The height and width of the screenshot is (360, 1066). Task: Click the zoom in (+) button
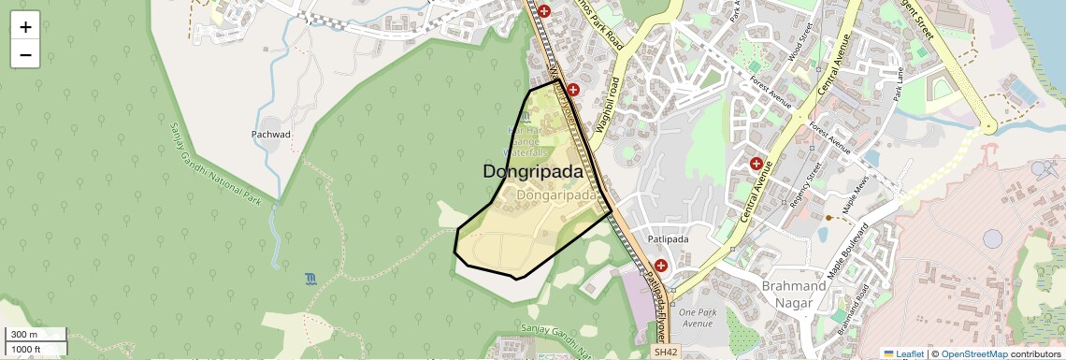pos(25,27)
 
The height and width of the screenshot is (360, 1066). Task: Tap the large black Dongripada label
pos(532,172)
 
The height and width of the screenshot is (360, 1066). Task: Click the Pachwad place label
pos(271,135)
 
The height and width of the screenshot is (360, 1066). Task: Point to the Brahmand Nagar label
pos(794,294)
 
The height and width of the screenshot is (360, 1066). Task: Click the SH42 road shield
pos(664,352)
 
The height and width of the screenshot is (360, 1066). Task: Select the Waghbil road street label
pos(609,103)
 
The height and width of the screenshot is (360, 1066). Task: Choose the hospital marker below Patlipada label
pos(661,266)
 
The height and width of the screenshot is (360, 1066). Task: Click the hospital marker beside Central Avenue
pos(756,164)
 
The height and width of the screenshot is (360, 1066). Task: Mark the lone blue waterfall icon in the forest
pos(310,279)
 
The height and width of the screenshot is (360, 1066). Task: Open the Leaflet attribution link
pos(903,353)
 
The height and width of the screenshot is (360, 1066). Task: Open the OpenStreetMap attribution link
pos(974,353)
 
